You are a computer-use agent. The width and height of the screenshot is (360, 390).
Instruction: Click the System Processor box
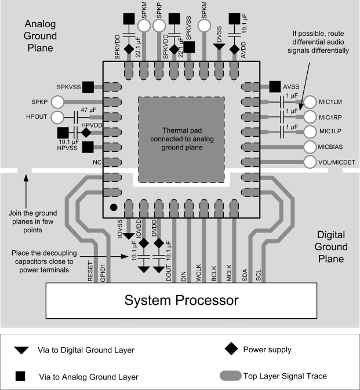tap(180, 301)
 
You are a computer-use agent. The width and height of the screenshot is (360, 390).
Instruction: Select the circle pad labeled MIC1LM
tap(310, 102)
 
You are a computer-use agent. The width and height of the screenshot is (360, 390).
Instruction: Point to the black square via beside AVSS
tap(275, 87)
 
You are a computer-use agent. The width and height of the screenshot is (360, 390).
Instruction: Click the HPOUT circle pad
tap(58, 117)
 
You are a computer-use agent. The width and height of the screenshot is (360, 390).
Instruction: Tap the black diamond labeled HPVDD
tap(86, 133)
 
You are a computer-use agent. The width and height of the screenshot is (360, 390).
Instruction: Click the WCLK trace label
tap(199, 273)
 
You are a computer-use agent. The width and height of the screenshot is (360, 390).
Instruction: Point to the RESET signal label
tap(90, 271)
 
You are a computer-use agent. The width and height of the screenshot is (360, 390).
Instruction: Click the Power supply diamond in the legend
tap(231, 348)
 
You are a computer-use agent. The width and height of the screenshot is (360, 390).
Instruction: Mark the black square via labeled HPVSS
tap(87, 147)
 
